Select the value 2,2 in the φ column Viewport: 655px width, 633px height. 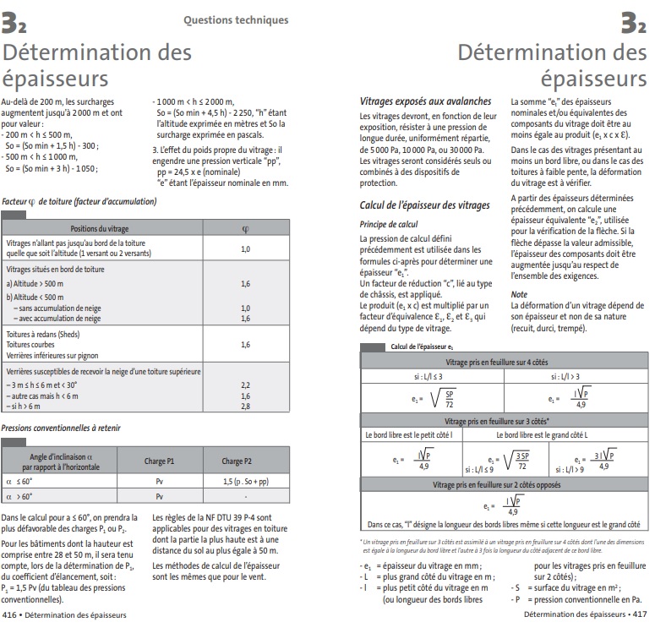coord(245,385)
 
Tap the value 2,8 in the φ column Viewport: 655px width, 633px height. coord(245,407)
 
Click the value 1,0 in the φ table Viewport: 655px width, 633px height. coord(245,249)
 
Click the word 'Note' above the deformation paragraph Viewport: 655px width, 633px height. coord(519,294)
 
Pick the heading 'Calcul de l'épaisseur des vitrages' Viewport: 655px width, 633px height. coord(424,205)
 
